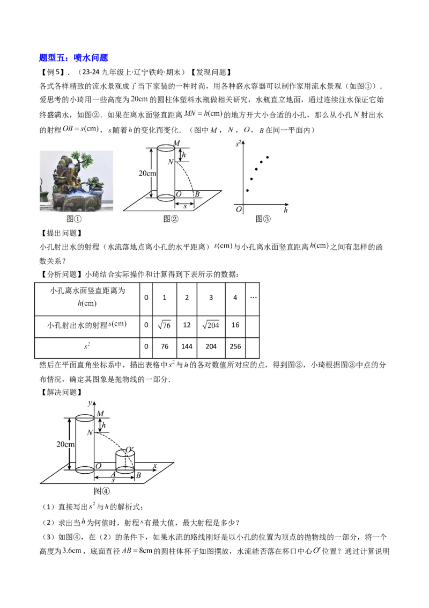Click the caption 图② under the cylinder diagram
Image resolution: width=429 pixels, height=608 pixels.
coord(171,219)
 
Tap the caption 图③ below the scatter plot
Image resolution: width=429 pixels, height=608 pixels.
coord(263,219)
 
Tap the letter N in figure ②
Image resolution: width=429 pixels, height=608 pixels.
coord(171,162)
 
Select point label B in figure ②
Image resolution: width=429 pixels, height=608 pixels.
coord(197,194)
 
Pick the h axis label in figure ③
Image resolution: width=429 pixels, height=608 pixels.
coord(286,211)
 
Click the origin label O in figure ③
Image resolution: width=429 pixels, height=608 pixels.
coord(239,209)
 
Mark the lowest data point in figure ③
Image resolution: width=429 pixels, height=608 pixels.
coord(247,190)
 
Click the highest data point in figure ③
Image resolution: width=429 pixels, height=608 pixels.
coord(267,157)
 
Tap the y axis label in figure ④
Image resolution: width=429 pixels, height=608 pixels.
coord(90,403)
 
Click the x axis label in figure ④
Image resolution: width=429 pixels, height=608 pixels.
coord(154,465)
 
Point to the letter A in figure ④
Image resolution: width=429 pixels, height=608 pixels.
coord(114,475)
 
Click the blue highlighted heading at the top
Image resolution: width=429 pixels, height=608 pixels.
coord(75,58)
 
